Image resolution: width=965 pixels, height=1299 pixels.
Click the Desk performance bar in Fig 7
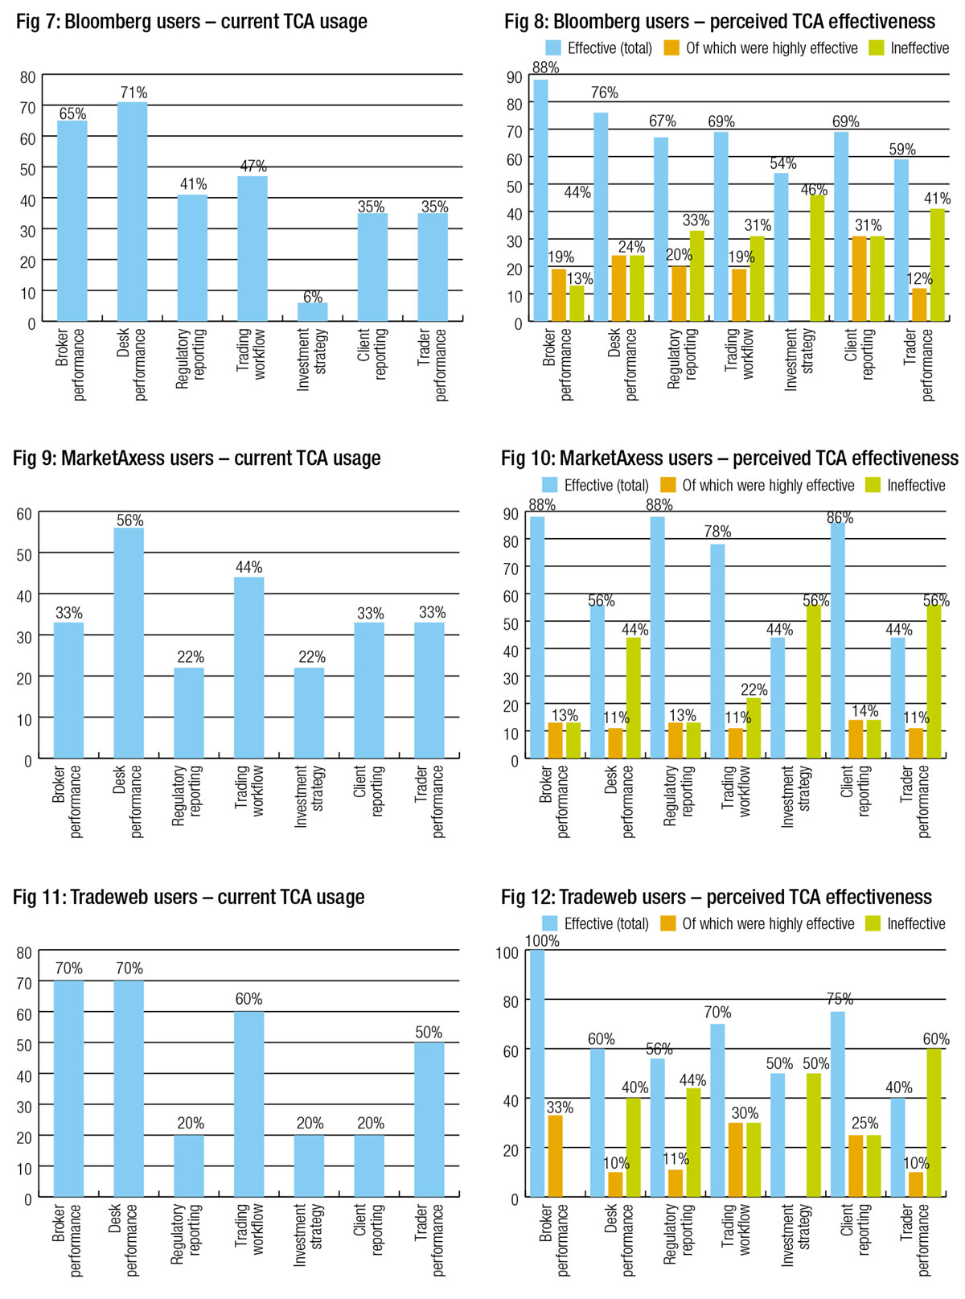click(133, 212)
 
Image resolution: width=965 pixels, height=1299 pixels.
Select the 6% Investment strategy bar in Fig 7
click(313, 312)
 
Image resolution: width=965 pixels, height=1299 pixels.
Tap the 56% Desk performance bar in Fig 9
click(129, 643)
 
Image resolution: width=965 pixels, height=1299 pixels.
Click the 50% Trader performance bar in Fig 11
click(429, 1120)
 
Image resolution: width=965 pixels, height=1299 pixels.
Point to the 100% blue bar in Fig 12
click(537, 1074)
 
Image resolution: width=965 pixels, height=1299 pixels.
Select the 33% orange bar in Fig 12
click(555, 1157)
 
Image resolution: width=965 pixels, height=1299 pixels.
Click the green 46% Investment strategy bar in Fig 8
click(817, 258)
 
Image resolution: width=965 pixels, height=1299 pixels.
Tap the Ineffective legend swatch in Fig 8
click(877, 48)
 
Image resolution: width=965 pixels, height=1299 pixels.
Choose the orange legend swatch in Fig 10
click(667, 485)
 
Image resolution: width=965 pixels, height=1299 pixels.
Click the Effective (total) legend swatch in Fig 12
click(550, 923)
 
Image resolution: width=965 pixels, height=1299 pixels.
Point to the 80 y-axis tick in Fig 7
click(28, 77)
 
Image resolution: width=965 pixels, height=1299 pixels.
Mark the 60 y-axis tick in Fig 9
click(24, 514)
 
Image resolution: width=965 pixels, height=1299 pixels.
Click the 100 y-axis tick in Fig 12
click(508, 953)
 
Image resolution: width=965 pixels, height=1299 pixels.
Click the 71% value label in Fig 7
click(133, 92)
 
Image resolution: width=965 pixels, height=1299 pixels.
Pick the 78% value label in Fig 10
click(717, 532)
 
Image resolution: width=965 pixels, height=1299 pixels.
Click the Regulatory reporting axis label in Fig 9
click(188, 796)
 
